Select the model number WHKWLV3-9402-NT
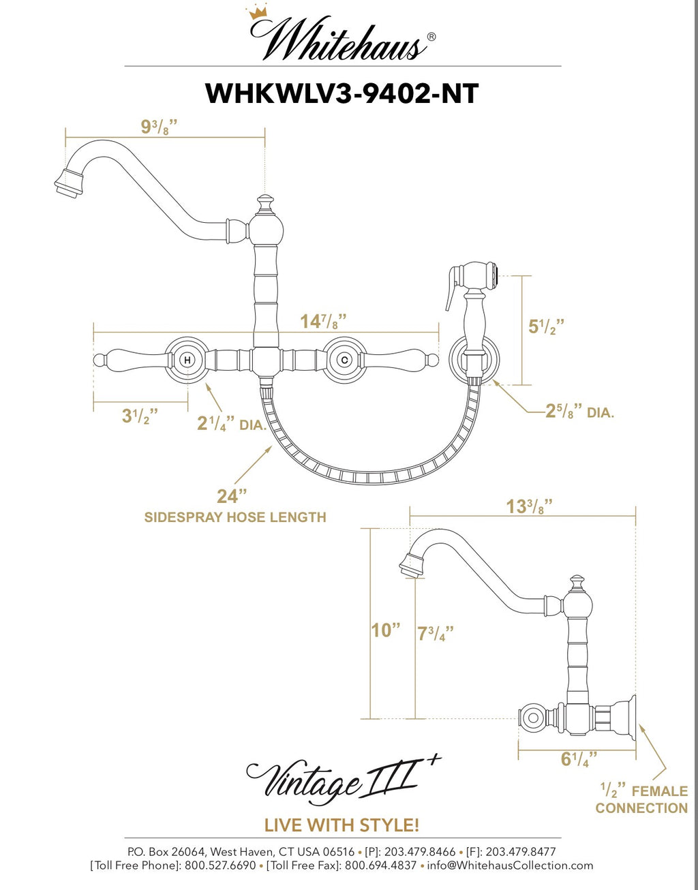pyautogui.click(x=342, y=93)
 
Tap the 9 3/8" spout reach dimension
pyautogui.click(x=159, y=127)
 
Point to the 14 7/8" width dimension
pyautogui.click(x=323, y=321)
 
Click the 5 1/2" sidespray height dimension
pyautogui.click(x=546, y=326)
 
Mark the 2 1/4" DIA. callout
pyautogui.click(x=231, y=424)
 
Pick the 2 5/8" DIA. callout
pyautogui.click(x=579, y=412)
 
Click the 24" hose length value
pyautogui.click(x=232, y=495)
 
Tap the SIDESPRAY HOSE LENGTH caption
pyautogui.click(x=235, y=517)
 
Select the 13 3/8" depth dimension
pyautogui.click(x=529, y=507)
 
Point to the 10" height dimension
pyautogui.click(x=385, y=630)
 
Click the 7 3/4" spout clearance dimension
pyautogui.click(x=435, y=634)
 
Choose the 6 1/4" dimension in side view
pyautogui.click(x=579, y=759)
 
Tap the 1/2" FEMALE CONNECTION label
pyautogui.click(x=641, y=799)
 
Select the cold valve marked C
pyautogui.click(x=345, y=359)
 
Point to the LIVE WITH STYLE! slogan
pyautogui.click(x=342, y=825)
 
